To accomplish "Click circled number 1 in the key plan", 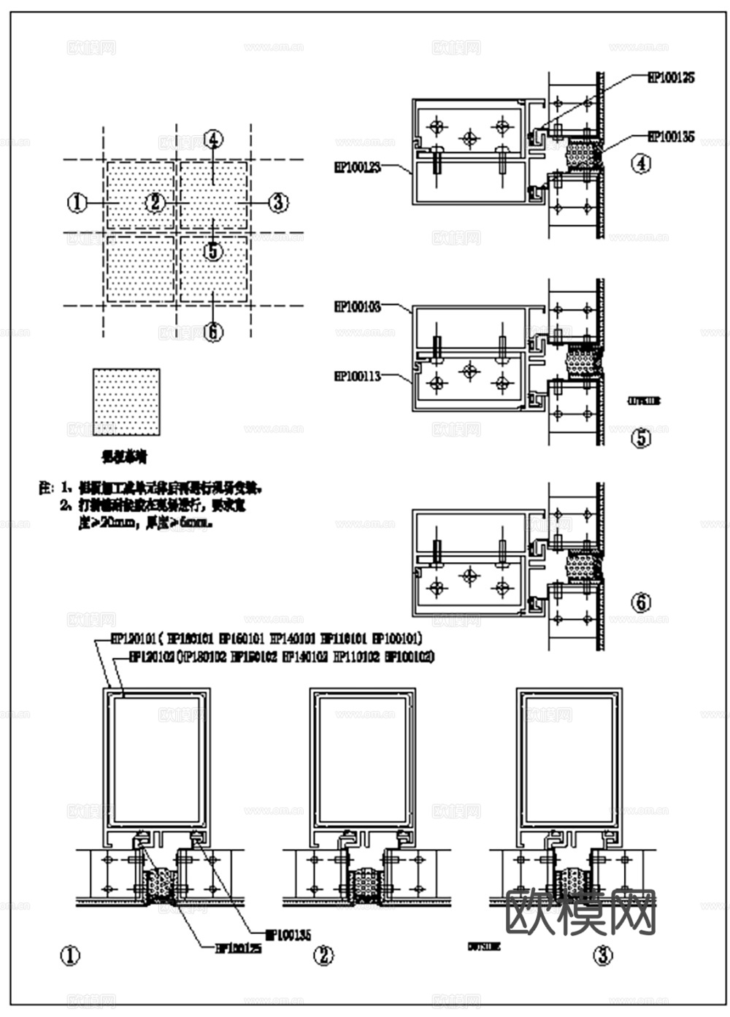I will pyautogui.click(x=77, y=202).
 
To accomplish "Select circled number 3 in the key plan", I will pyautogui.click(x=277, y=202).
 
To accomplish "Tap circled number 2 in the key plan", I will pyautogui.click(x=155, y=202).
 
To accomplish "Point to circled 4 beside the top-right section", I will pyautogui.click(x=641, y=164).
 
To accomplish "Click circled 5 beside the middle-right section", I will pyautogui.click(x=641, y=439).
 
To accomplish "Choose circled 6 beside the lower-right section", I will pyautogui.click(x=641, y=602).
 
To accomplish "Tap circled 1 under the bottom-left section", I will pyautogui.click(x=70, y=956).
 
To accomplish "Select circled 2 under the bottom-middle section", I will pyautogui.click(x=323, y=956).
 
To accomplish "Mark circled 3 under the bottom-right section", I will pyautogui.click(x=602, y=956).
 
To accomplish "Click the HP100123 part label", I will pyautogui.click(x=358, y=167).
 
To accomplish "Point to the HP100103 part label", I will pyautogui.click(x=358, y=307).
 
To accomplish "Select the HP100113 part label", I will pyautogui.click(x=358, y=377).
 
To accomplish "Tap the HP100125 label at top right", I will pyautogui.click(x=671, y=77).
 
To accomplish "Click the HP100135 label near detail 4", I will pyautogui.click(x=671, y=137).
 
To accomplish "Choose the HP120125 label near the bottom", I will pyautogui.click(x=238, y=948).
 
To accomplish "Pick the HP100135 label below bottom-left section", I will pyautogui.click(x=288, y=934).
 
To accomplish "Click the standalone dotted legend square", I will pyautogui.click(x=126, y=402).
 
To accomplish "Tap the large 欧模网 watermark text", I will pyautogui.click(x=581, y=912).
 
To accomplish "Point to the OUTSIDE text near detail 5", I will pyautogui.click(x=644, y=401).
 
